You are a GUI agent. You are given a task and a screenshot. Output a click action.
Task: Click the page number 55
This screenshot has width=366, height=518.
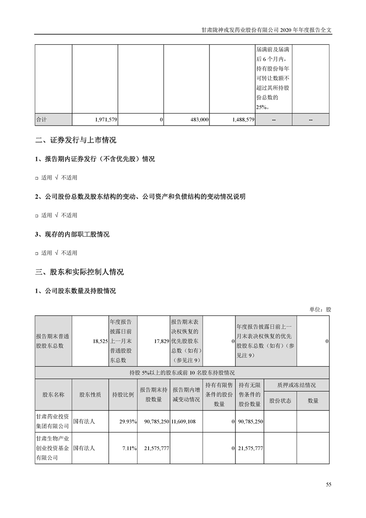coord(328,484)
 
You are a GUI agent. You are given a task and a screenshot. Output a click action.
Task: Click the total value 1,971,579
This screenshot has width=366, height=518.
coord(106,119)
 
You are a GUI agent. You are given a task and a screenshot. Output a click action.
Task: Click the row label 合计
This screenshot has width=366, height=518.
coord(42,119)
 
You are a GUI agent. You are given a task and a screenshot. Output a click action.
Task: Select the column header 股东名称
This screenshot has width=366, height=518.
coord(53,395)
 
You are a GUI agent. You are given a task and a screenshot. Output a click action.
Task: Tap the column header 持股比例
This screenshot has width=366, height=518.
coord(123,395)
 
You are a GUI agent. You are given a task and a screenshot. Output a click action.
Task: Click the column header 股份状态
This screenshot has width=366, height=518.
coord(280,401)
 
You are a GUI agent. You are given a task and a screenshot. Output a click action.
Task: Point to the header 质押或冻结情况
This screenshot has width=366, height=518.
coord(296,385)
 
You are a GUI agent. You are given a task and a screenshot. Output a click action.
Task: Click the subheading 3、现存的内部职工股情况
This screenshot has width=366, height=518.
coord(72,235)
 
